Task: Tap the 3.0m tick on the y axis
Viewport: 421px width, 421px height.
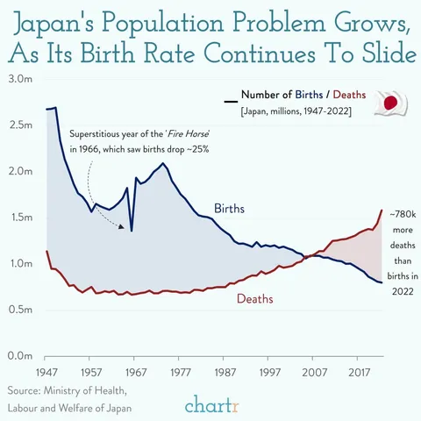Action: pos(19,79)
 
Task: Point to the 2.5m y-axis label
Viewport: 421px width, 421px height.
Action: pos(19,125)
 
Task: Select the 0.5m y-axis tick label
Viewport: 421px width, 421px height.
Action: pos(19,310)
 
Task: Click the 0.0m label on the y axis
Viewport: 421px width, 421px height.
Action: pos(19,356)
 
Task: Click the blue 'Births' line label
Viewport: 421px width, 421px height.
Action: pos(229,209)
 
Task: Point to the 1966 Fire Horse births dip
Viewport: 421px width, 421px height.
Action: pos(132,230)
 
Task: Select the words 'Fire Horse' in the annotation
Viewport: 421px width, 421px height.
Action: pos(188,132)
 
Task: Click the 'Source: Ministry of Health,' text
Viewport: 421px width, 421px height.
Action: pos(66,390)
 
